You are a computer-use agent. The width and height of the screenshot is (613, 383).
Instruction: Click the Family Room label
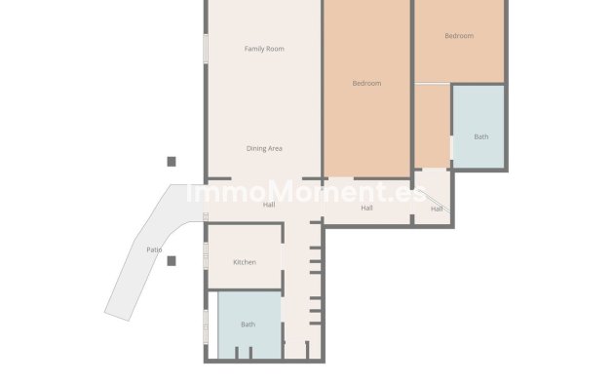coord(264,49)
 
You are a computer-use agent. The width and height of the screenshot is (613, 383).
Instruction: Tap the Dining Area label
coord(264,148)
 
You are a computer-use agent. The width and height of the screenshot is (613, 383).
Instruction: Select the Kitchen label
coord(245,263)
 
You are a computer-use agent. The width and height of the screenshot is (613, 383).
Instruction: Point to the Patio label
coord(154,250)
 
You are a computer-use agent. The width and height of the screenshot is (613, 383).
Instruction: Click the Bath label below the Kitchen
coord(248,325)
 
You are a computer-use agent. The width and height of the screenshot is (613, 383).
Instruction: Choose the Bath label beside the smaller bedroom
coord(480,136)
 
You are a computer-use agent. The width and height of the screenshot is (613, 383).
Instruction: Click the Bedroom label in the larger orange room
coord(366,84)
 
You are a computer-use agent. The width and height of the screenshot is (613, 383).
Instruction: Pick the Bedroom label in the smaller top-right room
coord(459,36)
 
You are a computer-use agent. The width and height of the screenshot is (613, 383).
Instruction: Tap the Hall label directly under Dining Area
coord(269,205)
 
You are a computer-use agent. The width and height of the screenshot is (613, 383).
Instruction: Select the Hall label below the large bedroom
coord(367,208)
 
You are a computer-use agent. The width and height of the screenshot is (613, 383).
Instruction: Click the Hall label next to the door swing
coord(437,209)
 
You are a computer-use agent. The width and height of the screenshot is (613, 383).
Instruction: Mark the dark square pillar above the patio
coord(172,162)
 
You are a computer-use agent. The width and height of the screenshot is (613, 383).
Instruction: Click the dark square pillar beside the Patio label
coord(172,260)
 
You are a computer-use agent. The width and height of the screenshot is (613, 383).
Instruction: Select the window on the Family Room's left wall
coord(205,49)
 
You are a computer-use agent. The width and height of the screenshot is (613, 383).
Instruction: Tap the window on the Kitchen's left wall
coord(205,255)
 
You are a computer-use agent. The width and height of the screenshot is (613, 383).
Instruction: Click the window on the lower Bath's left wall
coord(205,324)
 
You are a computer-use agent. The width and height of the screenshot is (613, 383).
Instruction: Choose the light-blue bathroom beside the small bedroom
coord(479,127)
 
